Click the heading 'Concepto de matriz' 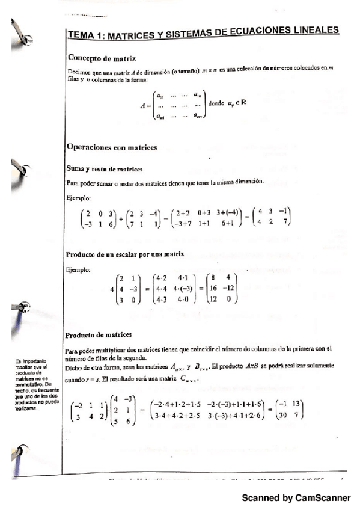[102, 58]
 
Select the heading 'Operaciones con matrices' [111, 147]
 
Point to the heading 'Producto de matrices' [100, 334]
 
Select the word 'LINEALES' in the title [313, 29]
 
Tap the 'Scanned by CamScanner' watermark [296, 498]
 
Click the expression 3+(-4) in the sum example [222, 212]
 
